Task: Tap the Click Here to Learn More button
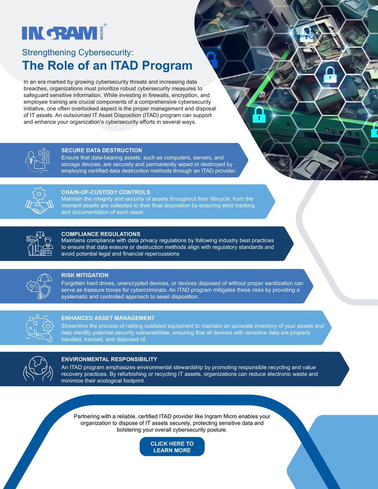pyautogui.click(x=172, y=447)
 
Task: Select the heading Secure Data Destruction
pyautogui.click(x=102, y=150)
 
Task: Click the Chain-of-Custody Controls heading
pyautogui.click(x=105, y=192)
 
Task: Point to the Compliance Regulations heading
pyautogui.click(x=101, y=234)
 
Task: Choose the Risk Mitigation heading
pyautogui.click(x=85, y=275)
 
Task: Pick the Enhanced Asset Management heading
pyautogui.click(x=108, y=318)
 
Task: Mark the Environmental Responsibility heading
pyautogui.click(x=109, y=359)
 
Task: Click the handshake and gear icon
pyautogui.click(x=39, y=201)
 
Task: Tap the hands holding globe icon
pyautogui.click(x=39, y=369)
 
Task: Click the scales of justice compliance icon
pyautogui.click(x=39, y=244)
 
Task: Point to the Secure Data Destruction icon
pyautogui.click(x=39, y=160)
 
